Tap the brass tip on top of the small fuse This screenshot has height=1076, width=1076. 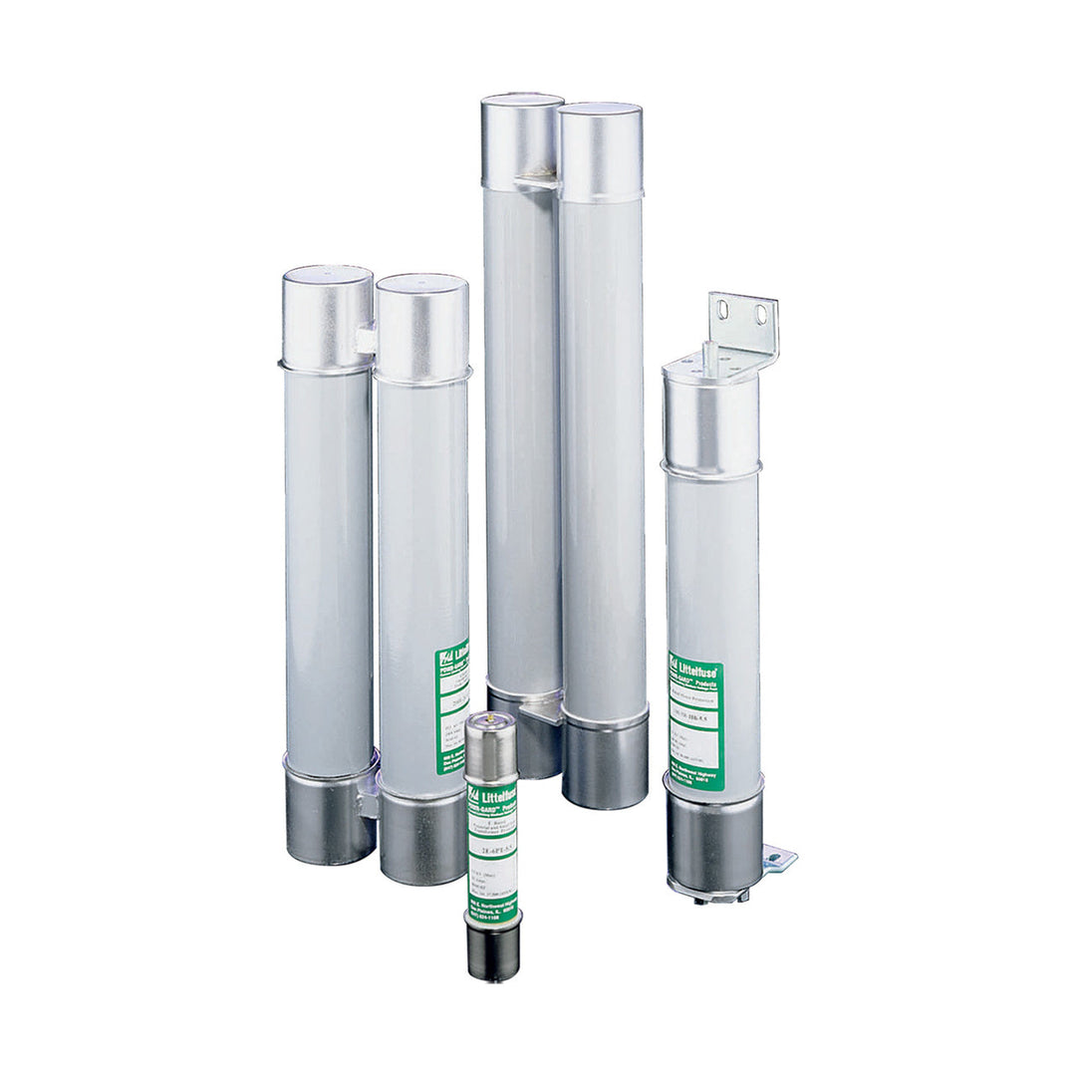[487, 716]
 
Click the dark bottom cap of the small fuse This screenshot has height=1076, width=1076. [492, 951]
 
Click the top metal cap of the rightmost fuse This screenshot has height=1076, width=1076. [711, 418]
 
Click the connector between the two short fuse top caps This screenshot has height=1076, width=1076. [366, 340]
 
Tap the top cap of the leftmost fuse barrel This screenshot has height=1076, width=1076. [328, 317]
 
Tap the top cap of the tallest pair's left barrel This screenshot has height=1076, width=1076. [521, 139]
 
